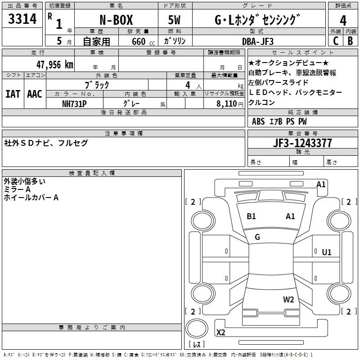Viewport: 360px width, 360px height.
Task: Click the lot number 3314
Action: (x=22, y=19)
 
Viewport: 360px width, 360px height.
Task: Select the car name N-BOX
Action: (x=116, y=20)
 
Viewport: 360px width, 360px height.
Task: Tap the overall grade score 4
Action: (x=343, y=21)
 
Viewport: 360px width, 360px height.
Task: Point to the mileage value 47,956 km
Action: (x=54, y=65)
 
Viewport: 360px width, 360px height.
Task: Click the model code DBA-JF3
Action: (x=258, y=41)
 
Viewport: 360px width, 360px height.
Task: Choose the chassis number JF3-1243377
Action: (x=302, y=143)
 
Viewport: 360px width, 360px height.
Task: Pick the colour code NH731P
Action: (x=74, y=104)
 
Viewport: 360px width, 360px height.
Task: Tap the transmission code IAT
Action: (x=13, y=94)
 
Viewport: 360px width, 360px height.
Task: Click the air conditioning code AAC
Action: (x=35, y=94)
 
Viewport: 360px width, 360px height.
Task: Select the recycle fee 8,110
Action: (x=226, y=103)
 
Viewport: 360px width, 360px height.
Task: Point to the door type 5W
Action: (x=174, y=20)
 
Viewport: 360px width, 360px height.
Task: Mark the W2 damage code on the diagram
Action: (x=288, y=299)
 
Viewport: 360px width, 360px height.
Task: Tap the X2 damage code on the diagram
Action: (x=220, y=332)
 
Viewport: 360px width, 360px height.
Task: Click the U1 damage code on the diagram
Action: (x=327, y=252)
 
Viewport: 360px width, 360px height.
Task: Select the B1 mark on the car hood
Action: (x=251, y=216)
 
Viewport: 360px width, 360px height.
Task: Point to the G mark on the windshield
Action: (x=257, y=237)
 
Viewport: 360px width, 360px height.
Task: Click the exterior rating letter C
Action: (x=336, y=41)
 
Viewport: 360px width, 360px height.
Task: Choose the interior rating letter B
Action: (x=350, y=41)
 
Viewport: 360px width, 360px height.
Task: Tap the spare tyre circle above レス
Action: (x=197, y=328)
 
